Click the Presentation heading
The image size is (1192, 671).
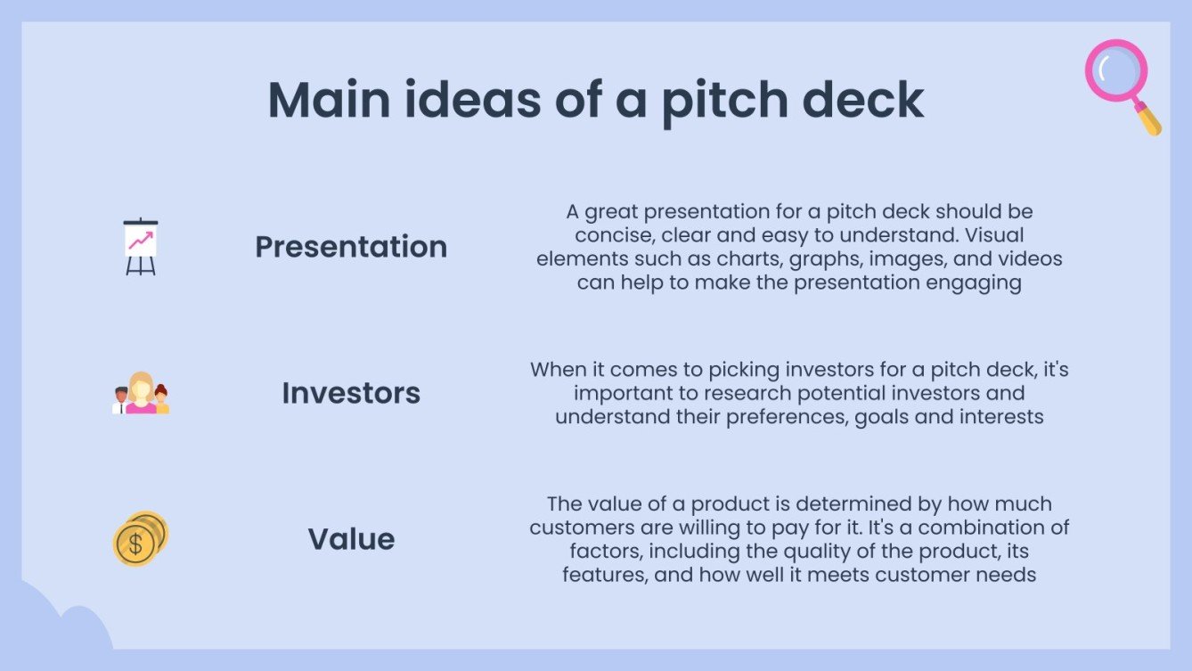tap(351, 247)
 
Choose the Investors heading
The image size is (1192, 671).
tap(351, 393)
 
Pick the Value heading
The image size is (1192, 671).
tap(351, 539)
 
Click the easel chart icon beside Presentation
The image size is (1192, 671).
tap(140, 246)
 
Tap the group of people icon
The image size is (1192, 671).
tap(141, 394)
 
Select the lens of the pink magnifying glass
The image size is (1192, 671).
tap(1114, 69)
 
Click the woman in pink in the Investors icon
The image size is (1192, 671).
tap(141, 394)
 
